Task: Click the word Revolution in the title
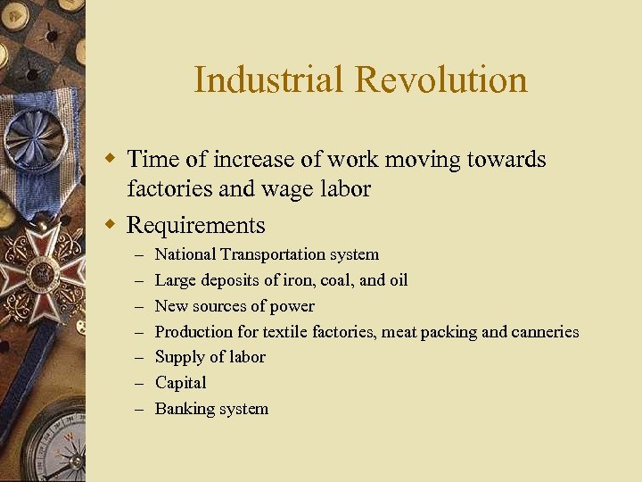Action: pyautogui.click(x=441, y=80)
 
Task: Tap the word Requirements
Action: pyautogui.click(x=196, y=225)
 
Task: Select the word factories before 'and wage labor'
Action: pyautogui.click(x=169, y=189)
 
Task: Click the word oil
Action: pyautogui.click(x=398, y=281)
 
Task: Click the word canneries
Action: pyautogui.click(x=545, y=332)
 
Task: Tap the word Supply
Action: pyautogui.click(x=177, y=357)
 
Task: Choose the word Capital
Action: pyautogui.click(x=180, y=383)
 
